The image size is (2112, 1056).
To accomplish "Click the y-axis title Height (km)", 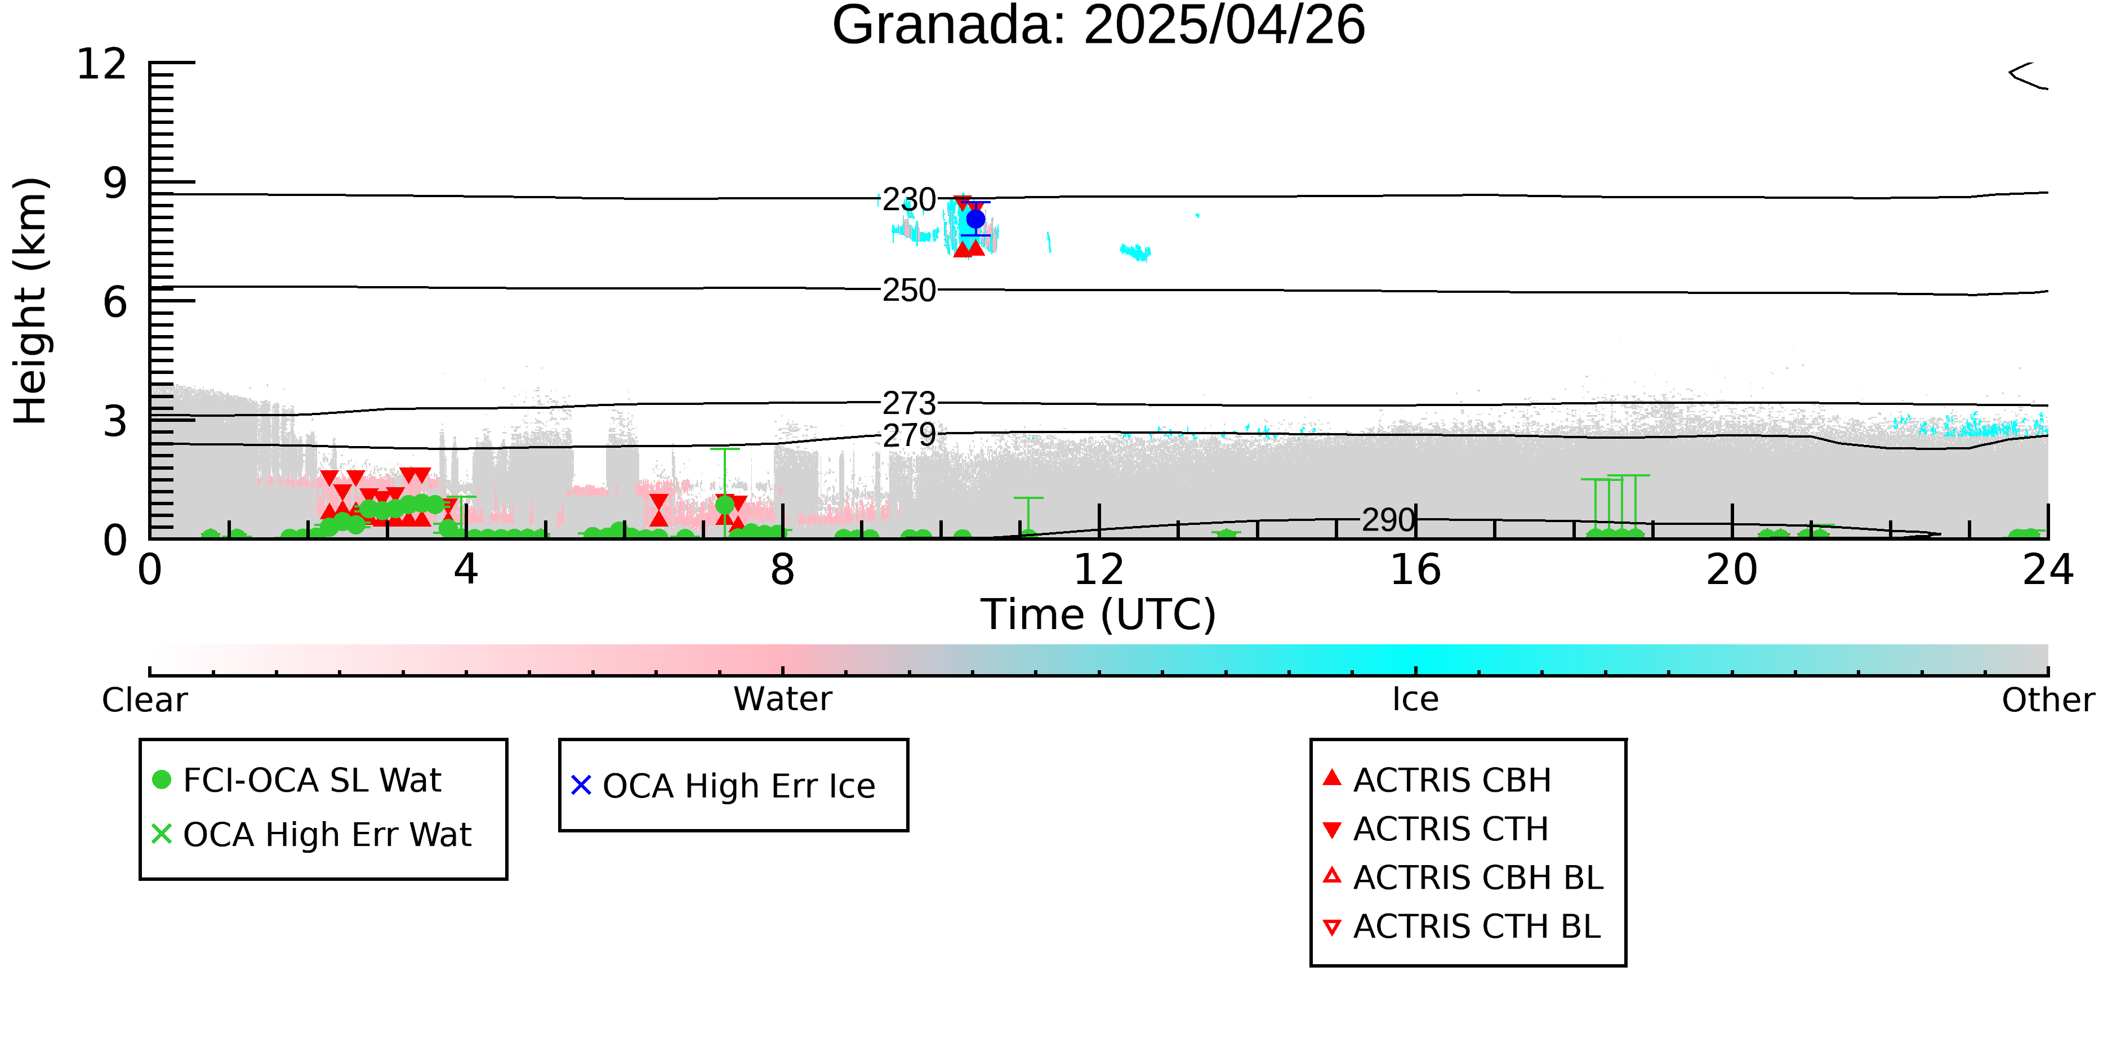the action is (x=30, y=301).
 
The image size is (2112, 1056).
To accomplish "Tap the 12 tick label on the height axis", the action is (x=102, y=64).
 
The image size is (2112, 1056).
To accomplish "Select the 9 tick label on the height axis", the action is (x=115, y=183).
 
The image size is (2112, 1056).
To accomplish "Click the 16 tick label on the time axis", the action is (x=1415, y=570).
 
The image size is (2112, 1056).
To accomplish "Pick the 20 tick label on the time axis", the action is (x=1732, y=570).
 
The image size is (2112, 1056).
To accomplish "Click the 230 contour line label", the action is (x=909, y=199).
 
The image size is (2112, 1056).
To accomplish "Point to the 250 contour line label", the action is (x=909, y=290).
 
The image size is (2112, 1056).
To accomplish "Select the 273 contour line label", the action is (x=909, y=403).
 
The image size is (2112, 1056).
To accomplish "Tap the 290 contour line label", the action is (x=1389, y=520).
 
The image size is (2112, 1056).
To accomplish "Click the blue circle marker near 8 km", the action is (x=975, y=219).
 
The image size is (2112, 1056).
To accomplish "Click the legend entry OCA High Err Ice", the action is (x=723, y=786).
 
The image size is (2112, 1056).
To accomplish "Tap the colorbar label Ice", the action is (x=1415, y=699).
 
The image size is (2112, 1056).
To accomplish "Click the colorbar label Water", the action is (x=783, y=699).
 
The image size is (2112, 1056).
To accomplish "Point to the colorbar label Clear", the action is (x=144, y=700).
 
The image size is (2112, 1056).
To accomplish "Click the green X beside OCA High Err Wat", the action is (x=162, y=834).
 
